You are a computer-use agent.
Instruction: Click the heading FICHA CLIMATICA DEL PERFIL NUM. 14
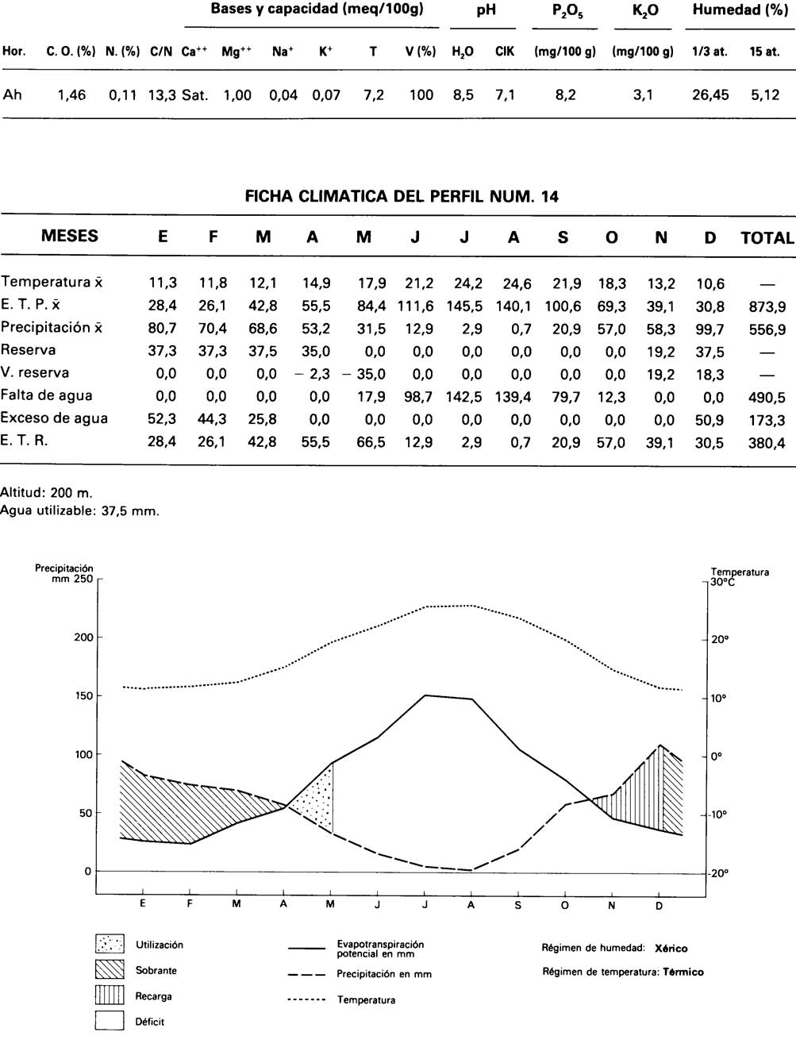tap(402, 197)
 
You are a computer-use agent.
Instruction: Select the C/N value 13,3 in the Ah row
tap(162, 95)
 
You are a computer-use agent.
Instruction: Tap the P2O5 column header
tap(564, 10)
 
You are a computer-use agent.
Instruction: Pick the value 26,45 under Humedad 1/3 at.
tap(709, 95)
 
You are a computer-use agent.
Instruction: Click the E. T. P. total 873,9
tap(767, 306)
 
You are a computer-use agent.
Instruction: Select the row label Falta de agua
tap(46, 395)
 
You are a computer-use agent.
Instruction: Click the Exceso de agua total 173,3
tap(767, 420)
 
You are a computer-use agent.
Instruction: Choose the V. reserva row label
tap(35, 372)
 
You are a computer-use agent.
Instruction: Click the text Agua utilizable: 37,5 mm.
tap(79, 511)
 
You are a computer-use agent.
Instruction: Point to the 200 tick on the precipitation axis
tap(84, 637)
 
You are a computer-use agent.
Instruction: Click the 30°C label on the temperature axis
tap(722, 582)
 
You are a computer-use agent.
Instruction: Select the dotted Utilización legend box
tap(110, 944)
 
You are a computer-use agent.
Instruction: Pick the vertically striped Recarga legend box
tap(110, 995)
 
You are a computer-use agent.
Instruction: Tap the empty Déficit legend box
tap(110, 1021)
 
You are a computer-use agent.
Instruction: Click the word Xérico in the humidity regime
tap(671, 948)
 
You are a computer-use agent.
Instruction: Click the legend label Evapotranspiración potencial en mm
tap(380, 949)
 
